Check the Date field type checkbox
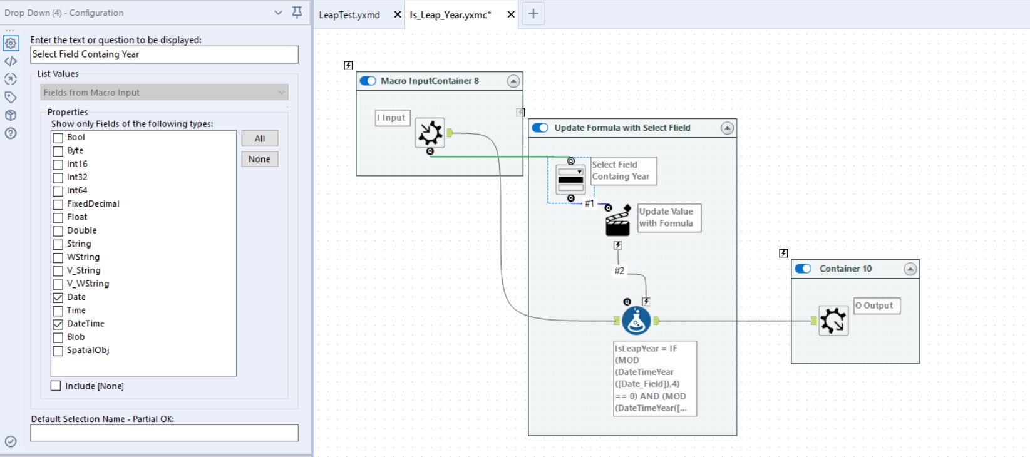(x=58, y=297)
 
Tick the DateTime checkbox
(x=58, y=324)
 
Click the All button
(x=259, y=138)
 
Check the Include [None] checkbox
(x=56, y=386)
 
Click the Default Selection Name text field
(x=164, y=433)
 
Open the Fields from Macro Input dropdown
(x=164, y=93)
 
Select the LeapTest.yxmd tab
(x=349, y=14)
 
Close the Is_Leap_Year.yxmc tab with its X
(x=511, y=14)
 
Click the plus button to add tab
(x=533, y=14)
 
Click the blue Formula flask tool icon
(x=636, y=321)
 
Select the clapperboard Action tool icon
(x=617, y=221)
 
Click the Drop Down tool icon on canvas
(x=570, y=180)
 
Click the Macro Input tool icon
(x=430, y=133)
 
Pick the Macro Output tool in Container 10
(x=833, y=321)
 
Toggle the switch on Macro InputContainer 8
(x=368, y=81)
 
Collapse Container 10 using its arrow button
(x=910, y=269)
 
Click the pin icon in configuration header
(x=297, y=12)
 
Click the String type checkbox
(x=58, y=244)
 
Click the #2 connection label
(x=619, y=270)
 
